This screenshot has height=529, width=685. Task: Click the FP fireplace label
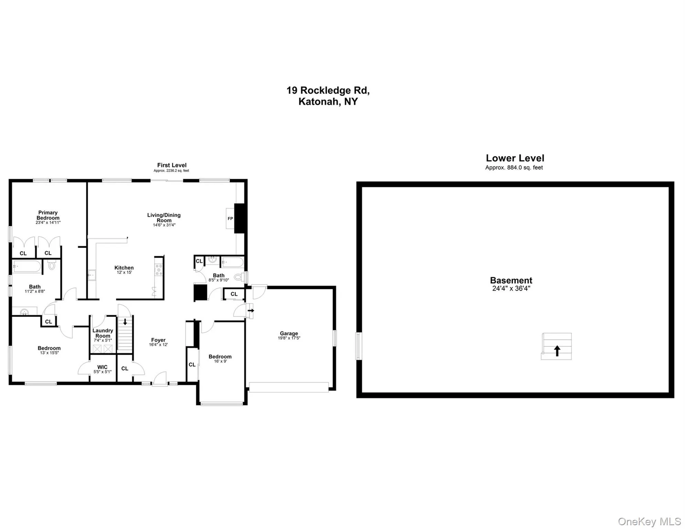230,218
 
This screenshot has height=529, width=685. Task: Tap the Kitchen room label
124,268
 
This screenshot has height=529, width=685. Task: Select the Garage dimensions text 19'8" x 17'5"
289,338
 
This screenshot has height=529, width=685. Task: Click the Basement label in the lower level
511,280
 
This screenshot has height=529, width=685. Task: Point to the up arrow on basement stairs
557,351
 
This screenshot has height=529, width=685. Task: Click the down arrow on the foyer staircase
125,322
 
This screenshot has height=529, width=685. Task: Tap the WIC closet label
102,367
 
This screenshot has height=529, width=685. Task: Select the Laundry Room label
103,333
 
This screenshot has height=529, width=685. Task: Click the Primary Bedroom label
48,215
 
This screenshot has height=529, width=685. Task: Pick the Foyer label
158,340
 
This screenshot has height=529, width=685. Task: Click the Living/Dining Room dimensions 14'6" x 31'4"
164,225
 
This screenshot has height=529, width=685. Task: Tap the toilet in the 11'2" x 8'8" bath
52,265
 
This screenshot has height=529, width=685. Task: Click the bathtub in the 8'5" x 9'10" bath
232,262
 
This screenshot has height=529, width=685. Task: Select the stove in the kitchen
159,270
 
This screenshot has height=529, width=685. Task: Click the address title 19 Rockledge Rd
328,90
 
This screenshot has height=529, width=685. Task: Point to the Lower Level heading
515,158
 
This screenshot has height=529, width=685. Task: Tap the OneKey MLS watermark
649,521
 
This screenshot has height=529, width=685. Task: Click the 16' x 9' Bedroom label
220,356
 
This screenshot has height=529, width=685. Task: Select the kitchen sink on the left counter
92,275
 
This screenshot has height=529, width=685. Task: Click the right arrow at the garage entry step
251,310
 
